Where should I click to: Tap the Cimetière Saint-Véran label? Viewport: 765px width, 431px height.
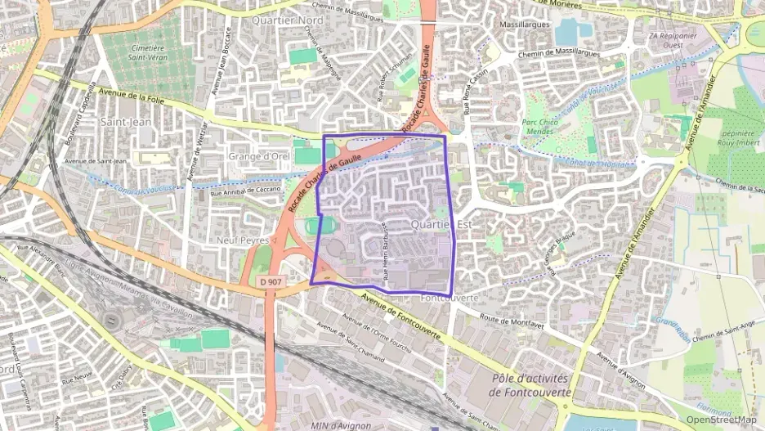tap(151, 53)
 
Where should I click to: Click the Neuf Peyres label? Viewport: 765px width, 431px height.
tap(243, 240)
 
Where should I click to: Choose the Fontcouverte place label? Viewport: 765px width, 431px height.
tap(449, 299)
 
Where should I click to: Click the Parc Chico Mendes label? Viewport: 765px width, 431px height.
tap(540, 126)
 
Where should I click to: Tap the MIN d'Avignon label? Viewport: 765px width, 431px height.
tap(342, 425)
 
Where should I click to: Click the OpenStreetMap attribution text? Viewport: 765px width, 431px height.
tap(722, 420)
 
